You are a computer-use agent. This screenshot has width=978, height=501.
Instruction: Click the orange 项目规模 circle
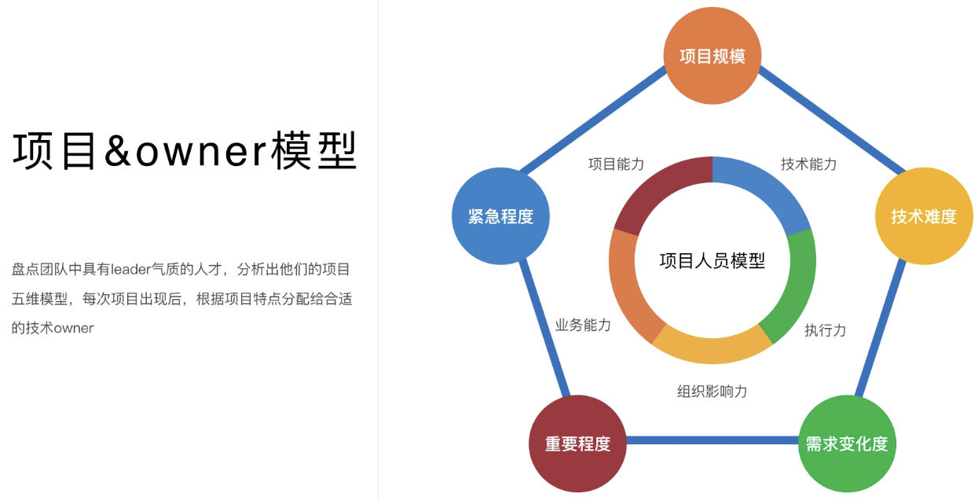[x=712, y=56]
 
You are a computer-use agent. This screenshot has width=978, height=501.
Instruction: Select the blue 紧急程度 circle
[x=500, y=216]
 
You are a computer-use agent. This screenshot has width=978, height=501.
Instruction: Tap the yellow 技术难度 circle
[x=924, y=216]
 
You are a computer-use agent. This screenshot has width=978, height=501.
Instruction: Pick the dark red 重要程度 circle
[x=577, y=444]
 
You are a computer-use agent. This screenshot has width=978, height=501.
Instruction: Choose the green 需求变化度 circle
[x=847, y=444]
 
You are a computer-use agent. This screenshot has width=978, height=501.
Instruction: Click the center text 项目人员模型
[x=712, y=260]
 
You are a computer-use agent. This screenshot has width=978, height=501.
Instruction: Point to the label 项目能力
[x=616, y=164]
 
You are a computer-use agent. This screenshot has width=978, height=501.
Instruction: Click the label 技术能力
[x=808, y=164]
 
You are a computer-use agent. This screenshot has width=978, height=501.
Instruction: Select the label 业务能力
[x=583, y=325]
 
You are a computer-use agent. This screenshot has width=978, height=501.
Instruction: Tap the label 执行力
[x=825, y=330]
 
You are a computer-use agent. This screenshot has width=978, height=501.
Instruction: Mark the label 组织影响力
[x=712, y=391]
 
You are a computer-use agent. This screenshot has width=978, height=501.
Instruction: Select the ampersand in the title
[x=118, y=150]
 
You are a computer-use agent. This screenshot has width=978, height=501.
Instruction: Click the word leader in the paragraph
[x=131, y=269]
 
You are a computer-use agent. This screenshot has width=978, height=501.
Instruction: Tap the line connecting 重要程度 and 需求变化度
[x=712, y=440]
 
